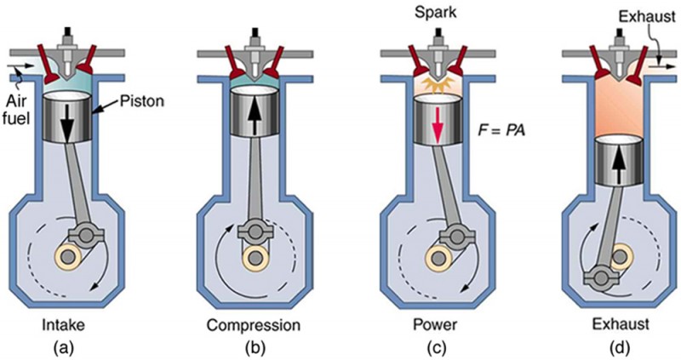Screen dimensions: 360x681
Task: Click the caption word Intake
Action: [64, 324]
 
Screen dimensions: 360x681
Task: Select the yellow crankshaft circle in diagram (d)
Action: [621, 254]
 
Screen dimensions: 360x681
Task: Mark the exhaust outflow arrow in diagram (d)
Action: [661, 61]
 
